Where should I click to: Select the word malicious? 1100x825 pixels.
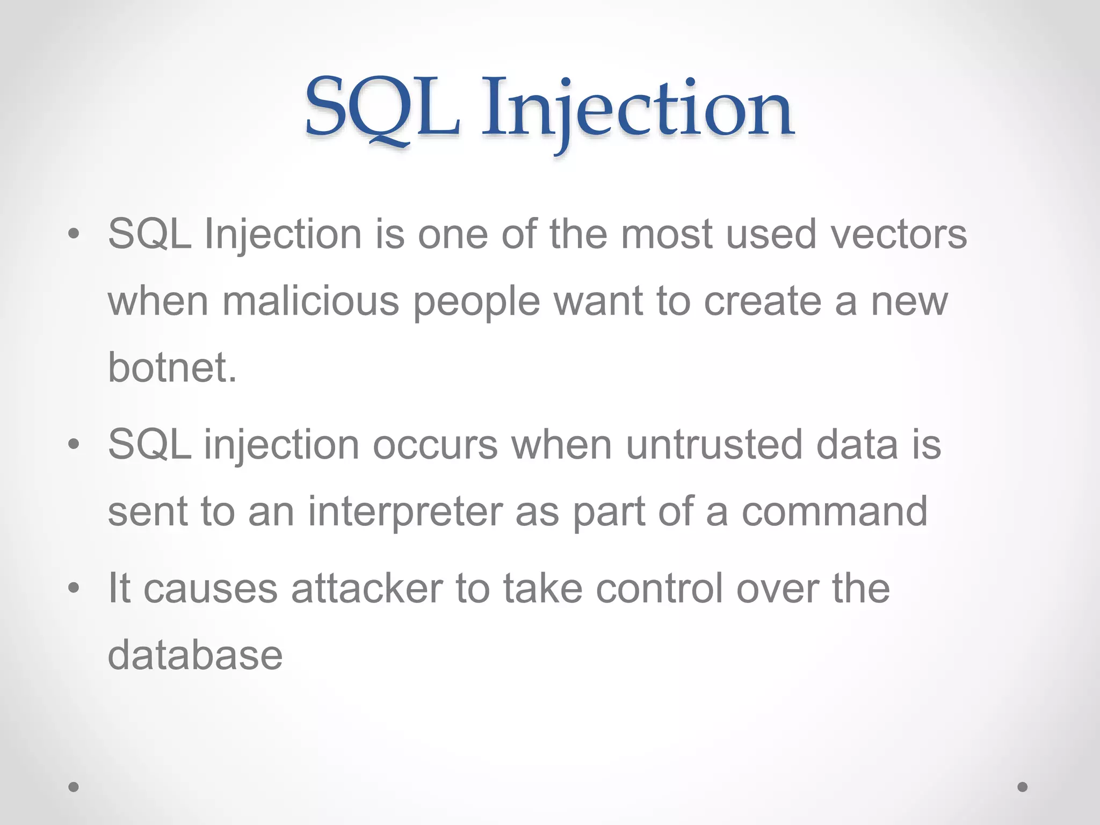[311, 301]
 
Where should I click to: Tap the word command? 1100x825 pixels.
[835, 512]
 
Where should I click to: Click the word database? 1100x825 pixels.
[195, 655]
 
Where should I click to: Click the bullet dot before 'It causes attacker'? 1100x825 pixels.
[74, 588]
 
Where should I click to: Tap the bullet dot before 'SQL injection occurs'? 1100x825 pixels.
[74, 445]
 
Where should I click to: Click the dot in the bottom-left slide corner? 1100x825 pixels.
[74, 787]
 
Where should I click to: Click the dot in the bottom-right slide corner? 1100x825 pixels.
[1023, 787]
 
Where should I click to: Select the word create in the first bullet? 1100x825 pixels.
[763, 301]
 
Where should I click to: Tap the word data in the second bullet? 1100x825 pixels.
[857, 445]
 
